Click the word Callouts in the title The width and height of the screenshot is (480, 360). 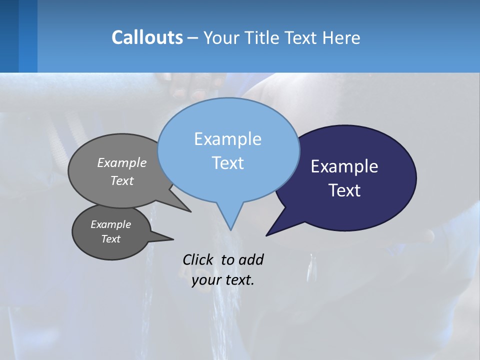tap(147, 37)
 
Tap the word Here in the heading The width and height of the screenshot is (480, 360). tap(342, 37)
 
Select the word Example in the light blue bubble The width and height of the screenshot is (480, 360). tap(227, 138)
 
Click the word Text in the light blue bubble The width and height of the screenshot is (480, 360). tap(227, 162)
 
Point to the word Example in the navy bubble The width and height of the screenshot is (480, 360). tap(344, 166)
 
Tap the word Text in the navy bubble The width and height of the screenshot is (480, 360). tap(344, 190)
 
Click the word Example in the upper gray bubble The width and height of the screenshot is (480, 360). tap(122, 163)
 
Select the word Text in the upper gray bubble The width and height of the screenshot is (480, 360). tap(122, 180)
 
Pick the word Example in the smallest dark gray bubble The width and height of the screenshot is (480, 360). tap(110, 224)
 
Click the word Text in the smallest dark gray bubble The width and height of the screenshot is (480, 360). tap(110, 239)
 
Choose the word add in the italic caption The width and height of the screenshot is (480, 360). tap(251, 259)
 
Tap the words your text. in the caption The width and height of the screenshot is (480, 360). tap(223, 280)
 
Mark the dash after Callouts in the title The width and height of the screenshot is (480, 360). tap(193, 38)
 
